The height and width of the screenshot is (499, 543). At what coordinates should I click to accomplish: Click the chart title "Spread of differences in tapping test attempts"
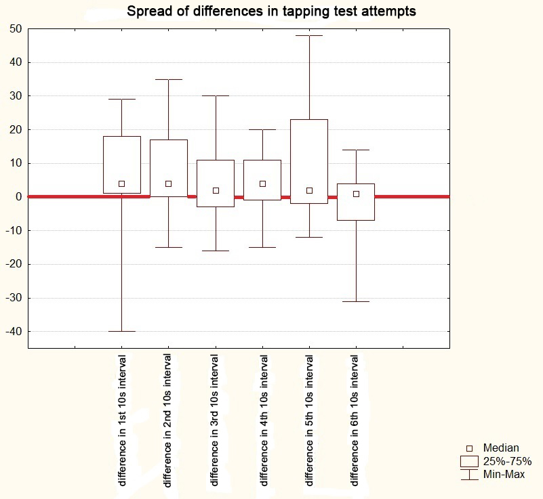[x=271, y=12]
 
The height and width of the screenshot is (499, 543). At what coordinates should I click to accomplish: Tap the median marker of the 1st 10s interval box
[x=122, y=183]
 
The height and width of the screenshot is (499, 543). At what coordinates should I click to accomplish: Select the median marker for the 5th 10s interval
[x=309, y=190]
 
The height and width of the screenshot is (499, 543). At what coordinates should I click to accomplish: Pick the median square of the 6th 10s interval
[x=356, y=194]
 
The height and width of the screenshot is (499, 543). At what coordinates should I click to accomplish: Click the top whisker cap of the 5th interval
[x=309, y=35]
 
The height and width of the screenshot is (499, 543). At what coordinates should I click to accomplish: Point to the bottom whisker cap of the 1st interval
[x=122, y=331]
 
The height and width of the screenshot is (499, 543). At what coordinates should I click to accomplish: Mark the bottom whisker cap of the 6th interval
[x=356, y=301]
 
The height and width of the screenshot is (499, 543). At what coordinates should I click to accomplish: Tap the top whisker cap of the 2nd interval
[x=169, y=79]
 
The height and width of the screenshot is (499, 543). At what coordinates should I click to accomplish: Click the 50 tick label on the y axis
[x=16, y=29]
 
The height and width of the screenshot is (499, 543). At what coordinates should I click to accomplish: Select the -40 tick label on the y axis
[x=14, y=332]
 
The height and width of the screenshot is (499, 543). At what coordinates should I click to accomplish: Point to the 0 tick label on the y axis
[x=18, y=197]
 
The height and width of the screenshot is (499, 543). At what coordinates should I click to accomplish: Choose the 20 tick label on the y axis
[x=16, y=129]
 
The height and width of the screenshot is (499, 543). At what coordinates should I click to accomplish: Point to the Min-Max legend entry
[x=504, y=475]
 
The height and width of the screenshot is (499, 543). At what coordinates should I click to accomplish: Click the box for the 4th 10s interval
[x=262, y=179]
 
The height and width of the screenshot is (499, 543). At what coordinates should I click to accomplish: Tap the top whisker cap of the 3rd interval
[x=216, y=95]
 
